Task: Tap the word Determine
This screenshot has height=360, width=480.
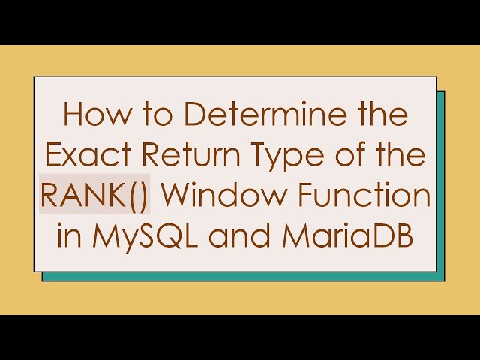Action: pyautogui.click(x=244, y=116)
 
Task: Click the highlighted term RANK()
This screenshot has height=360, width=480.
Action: pyautogui.click(x=94, y=197)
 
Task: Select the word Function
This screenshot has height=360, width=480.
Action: pyautogui.click(x=355, y=197)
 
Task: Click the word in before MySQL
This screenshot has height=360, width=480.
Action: pyautogui.click(x=68, y=237)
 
